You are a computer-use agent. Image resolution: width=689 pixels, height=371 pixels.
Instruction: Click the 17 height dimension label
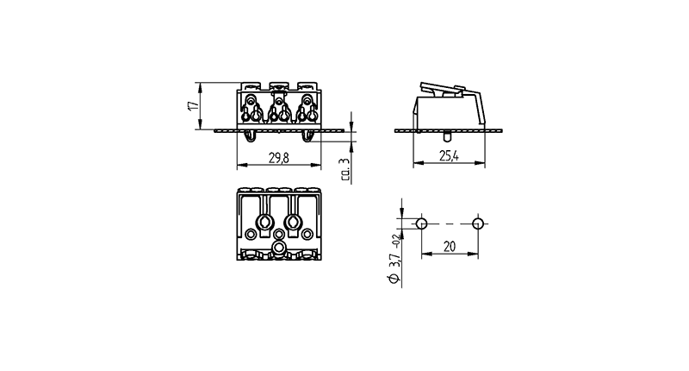point(193,105)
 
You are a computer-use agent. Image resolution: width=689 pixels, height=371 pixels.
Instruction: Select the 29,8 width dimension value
point(279,158)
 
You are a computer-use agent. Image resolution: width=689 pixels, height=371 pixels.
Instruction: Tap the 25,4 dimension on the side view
point(449,155)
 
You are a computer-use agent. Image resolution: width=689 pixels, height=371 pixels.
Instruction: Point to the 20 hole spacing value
point(450,247)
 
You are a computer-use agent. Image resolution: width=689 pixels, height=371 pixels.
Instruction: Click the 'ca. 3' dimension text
point(345,169)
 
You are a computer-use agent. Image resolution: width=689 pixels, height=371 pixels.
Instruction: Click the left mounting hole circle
point(421,223)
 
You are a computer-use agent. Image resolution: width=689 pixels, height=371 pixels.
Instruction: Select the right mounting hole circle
point(478,223)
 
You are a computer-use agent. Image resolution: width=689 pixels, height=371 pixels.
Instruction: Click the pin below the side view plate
point(446,136)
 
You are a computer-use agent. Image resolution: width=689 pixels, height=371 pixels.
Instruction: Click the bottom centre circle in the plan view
point(278,248)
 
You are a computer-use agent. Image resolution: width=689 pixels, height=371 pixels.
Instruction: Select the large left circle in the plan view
point(264,223)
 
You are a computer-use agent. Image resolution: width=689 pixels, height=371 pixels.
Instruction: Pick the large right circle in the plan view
point(293,223)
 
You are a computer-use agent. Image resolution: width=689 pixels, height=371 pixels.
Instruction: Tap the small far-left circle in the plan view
point(251,234)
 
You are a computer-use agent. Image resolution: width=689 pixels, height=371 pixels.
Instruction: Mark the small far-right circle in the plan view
point(307,234)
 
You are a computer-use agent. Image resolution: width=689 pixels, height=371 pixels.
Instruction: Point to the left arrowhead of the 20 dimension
point(425,254)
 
